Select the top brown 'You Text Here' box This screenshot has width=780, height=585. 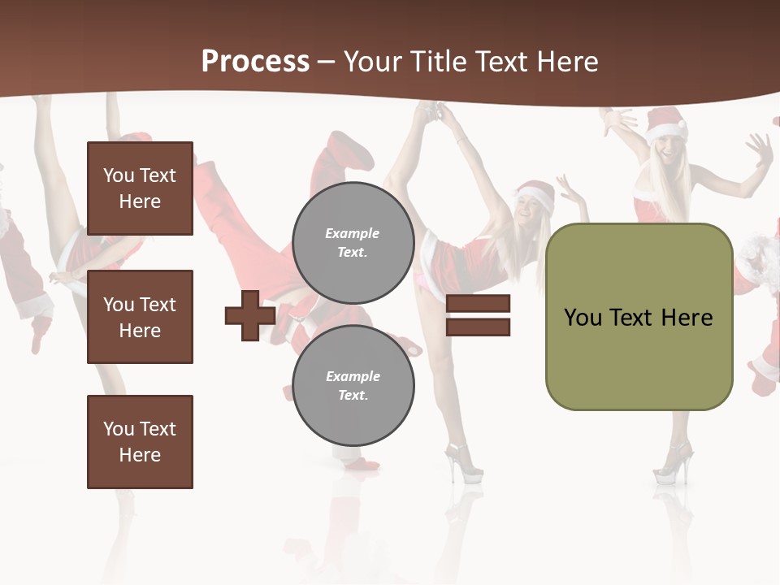pos(140,188)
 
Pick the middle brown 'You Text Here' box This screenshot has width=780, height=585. pos(140,317)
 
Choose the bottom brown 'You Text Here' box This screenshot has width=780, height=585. pos(140,441)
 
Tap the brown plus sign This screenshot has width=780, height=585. pos(250,315)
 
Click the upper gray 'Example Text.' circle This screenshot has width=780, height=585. pos(353,242)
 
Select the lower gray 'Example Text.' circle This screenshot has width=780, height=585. pos(353,385)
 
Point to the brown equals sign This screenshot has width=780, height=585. pos(478,315)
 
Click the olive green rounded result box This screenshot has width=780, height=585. pos(639,317)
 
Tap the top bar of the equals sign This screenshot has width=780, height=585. pos(478,304)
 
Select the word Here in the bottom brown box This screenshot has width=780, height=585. pos(140,455)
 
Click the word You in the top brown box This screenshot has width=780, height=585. pos(118,175)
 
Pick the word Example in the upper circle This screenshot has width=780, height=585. pos(353,233)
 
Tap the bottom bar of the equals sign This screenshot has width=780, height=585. pos(478,327)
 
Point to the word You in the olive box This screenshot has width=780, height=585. pos(583,318)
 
